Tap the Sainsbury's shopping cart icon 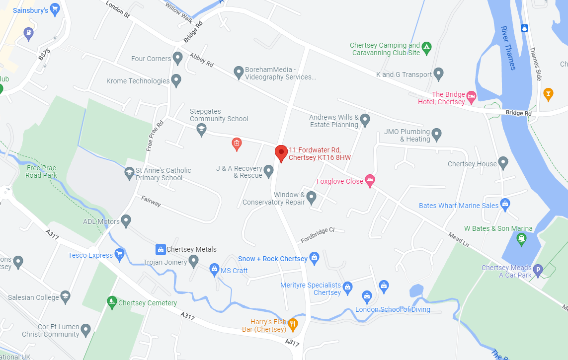pyautogui.click(x=55, y=8)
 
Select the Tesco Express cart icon pyautogui.click(x=119, y=255)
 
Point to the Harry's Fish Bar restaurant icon pyautogui.click(x=293, y=325)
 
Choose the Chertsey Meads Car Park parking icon pyautogui.click(x=537, y=271)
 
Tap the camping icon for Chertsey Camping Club pyautogui.click(x=427, y=48)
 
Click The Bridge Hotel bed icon pyautogui.click(x=471, y=95)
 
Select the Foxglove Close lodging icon pyautogui.click(x=369, y=181)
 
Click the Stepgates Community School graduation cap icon pyautogui.click(x=201, y=130)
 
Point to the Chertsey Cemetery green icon pyautogui.click(x=112, y=302)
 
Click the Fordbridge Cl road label pyautogui.click(x=318, y=235)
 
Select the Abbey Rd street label pyautogui.click(x=201, y=60)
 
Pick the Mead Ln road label pyautogui.click(x=458, y=239)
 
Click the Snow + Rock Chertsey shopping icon pyautogui.click(x=314, y=258)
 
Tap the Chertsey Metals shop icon pyautogui.click(x=161, y=249)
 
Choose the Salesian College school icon pyautogui.click(x=65, y=297)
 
